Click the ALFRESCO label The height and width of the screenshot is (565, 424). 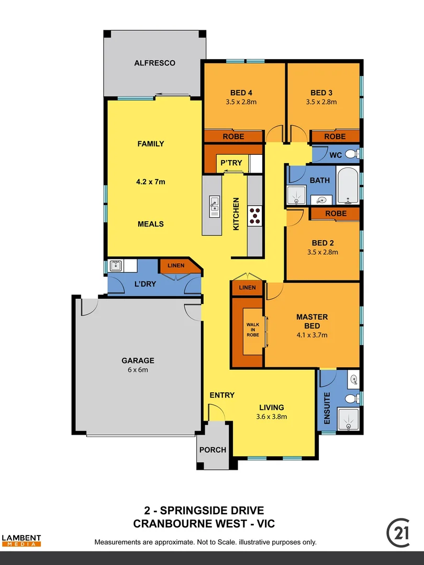pos(154,63)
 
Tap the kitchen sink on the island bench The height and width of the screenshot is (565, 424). pos(214,206)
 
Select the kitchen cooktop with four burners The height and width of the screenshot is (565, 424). pos(254,216)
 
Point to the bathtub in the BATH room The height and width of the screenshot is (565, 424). pos(347,187)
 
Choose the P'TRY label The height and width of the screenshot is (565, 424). pos(230,163)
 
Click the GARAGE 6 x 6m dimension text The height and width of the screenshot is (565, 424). pos(138,370)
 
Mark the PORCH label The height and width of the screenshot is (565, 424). pos(213,450)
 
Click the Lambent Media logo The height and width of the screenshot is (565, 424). pos(21,540)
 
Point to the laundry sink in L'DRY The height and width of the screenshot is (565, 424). pos(116,266)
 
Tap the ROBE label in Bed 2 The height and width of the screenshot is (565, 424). pos(336,213)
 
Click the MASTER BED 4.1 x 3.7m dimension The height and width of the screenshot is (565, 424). pos(312,335)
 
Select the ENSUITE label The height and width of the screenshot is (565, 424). pos(328,408)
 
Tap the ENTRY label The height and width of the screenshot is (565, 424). pos(222,395)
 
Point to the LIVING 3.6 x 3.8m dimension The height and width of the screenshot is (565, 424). pos(272,417)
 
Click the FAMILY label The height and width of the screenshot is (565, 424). pos(151,144)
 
